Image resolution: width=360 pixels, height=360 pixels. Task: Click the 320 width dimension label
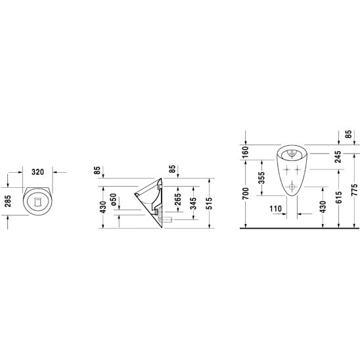(x=37, y=171)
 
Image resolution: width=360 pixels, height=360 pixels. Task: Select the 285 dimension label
(x=9, y=201)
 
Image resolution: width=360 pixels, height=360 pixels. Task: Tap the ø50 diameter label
(x=113, y=200)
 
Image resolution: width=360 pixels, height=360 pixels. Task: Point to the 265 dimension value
(x=178, y=200)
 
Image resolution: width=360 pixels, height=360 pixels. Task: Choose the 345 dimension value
(x=193, y=204)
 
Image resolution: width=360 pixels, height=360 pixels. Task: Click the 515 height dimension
(x=209, y=203)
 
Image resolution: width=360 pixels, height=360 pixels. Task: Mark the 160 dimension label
(x=246, y=152)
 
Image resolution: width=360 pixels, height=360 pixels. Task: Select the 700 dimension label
(x=246, y=194)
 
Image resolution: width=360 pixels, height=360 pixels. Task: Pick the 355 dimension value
(x=261, y=178)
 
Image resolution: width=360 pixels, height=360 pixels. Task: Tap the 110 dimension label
(x=275, y=209)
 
